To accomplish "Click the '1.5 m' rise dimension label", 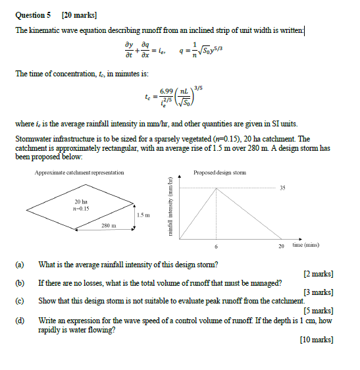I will pyautogui.click(x=143, y=215).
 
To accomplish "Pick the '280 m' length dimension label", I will pyautogui.click(x=109, y=226).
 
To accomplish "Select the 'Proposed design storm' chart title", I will pyautogui.click(x=220, y=172).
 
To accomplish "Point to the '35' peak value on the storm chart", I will pyautogui.click(x=282, y=188).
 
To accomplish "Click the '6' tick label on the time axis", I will pyautogui.click(x=216, y=246).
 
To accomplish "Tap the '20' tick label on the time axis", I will pyautogui.click(x=280, y=246).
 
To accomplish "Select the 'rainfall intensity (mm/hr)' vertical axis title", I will pyautogui.click(x=170, y=207).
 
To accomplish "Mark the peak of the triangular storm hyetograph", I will pyautogui.click(x=217, y=188).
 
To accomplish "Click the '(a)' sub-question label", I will pyautogui.click(x=19, y=265).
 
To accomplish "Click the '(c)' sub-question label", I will pyautogui.click(x=19, y=301).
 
